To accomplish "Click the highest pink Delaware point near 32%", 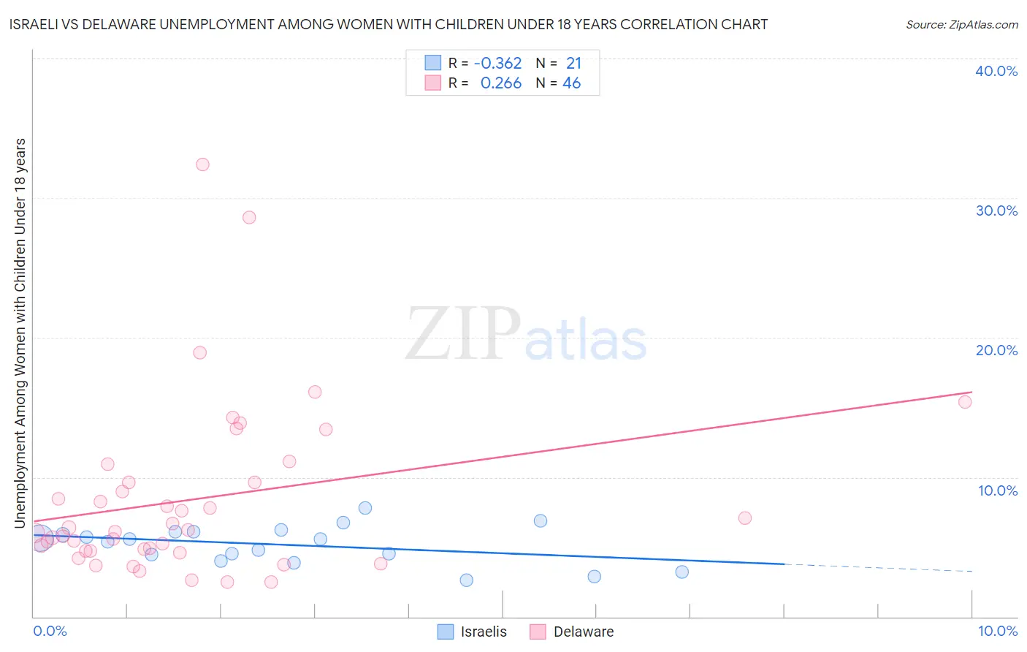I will click(x=202, y=164).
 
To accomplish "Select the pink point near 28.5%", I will click(x=249, y=217).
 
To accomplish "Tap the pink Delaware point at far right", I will click(x=964, y=401).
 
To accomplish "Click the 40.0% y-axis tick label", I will click(x=996, y=71).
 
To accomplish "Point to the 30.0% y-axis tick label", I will click(x=996, y=211).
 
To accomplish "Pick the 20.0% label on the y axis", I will click(x=996, y=350).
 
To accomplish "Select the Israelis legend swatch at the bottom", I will click(x=446, y=632).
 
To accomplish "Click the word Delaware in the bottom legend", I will click(x=583, y=632).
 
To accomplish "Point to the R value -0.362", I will click(x=497, y=64).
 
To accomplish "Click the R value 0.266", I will click(x=500, y=83).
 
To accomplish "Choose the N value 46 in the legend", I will click(x=571, y=83).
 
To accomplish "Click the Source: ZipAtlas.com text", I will click(x=961, y=25).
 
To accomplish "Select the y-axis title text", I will click(x=20, y=333).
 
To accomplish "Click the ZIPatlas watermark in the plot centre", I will click(x=526, y=335).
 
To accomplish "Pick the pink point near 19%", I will click(x=199, y=352).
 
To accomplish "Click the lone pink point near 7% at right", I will click(x=744, y=518).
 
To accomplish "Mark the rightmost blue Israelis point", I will click(x=682, y=572).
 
